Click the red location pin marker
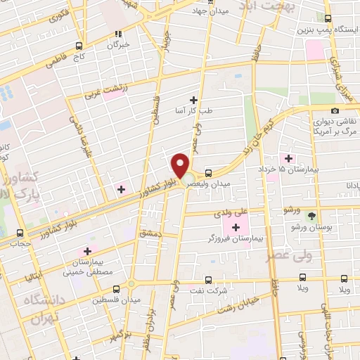click(181, 165)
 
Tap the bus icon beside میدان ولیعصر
click(208, 173)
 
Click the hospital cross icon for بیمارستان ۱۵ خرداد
click(287, 157)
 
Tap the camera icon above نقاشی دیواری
click(335, 110)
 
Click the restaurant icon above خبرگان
click(120, 32)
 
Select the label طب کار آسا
click(194, 110)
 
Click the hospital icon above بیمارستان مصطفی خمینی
click(87, 250)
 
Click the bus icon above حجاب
click(19, 233)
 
